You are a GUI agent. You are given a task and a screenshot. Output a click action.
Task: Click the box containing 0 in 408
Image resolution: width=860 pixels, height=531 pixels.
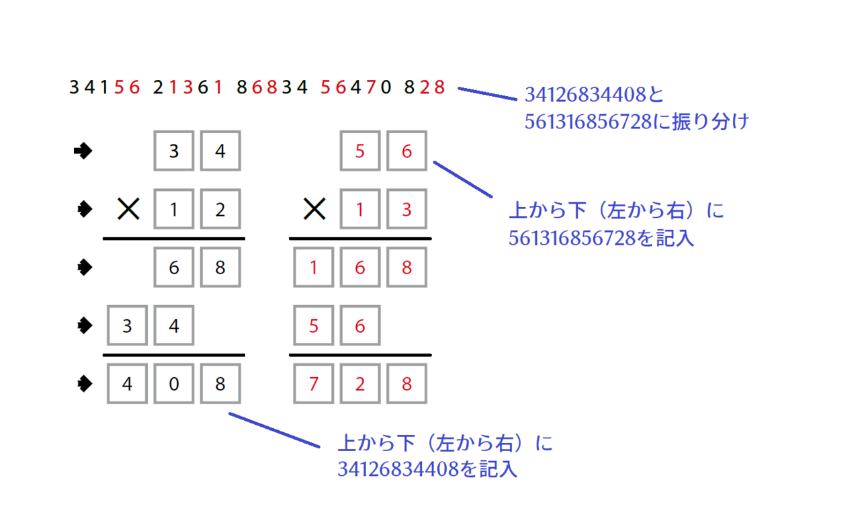point(174,384)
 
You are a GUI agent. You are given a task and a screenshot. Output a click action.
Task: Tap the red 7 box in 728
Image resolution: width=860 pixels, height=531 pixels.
point(313,384)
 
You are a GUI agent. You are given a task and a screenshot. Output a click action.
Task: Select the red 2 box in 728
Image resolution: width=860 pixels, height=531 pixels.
point(360,384)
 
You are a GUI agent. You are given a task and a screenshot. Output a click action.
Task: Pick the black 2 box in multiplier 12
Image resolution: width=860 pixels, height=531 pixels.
point(220,210)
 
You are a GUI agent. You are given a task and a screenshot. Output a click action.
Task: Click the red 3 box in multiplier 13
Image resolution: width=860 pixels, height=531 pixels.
point(406,210)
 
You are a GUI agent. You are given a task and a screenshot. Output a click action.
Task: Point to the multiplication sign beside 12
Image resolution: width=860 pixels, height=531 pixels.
point(128,210)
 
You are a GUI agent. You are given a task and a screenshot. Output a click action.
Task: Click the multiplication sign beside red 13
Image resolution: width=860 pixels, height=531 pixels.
point(314,210)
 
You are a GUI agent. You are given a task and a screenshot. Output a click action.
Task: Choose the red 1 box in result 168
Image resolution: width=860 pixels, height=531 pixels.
point(313,268)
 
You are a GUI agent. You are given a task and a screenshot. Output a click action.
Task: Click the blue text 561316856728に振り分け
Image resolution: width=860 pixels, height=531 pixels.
point(636,122)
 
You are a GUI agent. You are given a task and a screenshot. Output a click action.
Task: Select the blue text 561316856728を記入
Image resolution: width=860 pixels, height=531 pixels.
point(601,239)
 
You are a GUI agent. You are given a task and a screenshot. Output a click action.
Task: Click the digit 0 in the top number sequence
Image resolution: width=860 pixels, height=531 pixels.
point(386,87)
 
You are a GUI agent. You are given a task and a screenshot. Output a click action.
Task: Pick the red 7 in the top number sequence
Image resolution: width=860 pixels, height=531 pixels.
point(371,87)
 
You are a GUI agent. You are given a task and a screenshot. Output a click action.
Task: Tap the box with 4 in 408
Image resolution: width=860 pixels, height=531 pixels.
point(127,384)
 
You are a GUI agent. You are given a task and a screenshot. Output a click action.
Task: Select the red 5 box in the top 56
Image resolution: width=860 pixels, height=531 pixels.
point(360,152)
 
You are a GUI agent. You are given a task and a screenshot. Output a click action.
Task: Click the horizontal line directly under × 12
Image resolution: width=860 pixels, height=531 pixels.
point(173,239)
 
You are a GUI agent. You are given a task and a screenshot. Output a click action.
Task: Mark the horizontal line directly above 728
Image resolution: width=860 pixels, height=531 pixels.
point(360,355)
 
